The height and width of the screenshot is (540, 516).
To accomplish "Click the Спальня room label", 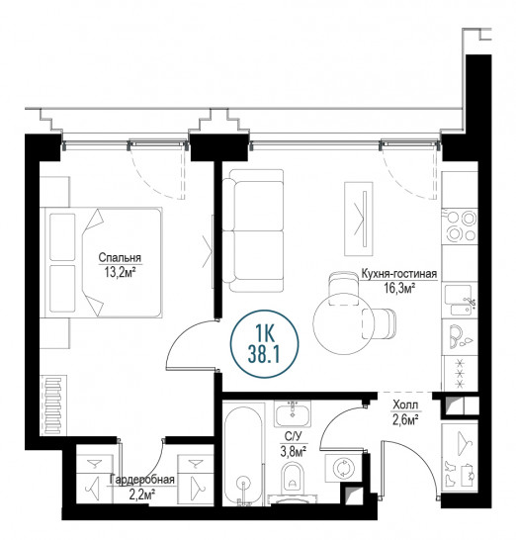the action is tap(120, 257).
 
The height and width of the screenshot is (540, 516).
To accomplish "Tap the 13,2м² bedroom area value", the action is tap(119, 272).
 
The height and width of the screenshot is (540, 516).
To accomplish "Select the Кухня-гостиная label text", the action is tap(399, 274).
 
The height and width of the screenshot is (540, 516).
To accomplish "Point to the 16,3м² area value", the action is tap(399, 288).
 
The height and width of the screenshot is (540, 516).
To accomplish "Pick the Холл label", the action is tap(405, 405).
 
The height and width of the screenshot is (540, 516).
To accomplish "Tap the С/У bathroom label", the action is tap(294, 437).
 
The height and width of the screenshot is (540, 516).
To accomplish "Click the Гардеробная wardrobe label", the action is tap(141, 480).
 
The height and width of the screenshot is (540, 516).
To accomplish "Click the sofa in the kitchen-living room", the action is tap(253, 230).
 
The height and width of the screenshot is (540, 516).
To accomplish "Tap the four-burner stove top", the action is tap(461, 225).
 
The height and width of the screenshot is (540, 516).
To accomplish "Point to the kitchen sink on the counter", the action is tap(460, 300).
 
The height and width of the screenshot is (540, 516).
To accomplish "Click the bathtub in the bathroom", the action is tap(244, 454).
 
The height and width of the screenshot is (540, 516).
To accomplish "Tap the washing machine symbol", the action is tap(343, 468).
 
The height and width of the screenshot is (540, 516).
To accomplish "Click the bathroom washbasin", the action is tap(293, 414).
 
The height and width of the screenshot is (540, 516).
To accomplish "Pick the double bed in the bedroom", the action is tap(101, 262).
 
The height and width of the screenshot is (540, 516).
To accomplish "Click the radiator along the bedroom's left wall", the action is tap(53, 406).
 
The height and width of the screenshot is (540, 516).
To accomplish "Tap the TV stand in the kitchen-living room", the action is tap(359, 219).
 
